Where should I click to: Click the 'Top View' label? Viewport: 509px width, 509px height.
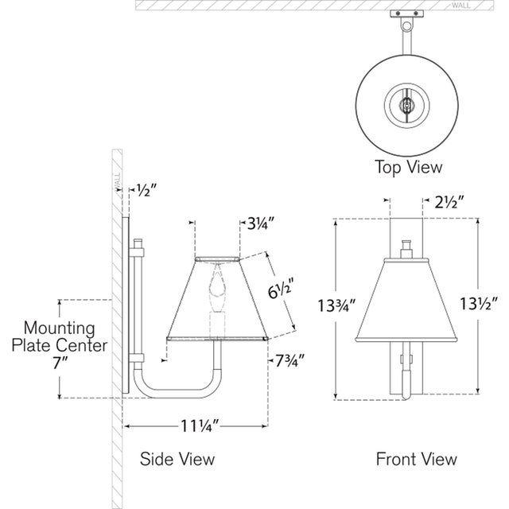pyautogui.click(x=409, y=167)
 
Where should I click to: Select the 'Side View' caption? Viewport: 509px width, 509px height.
pyautogui.click(x=177, y=459)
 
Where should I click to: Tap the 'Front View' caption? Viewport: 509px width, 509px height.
pyautogui.click(x=417, y=459)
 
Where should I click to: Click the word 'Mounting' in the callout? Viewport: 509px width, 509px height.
pyautogui.click(x=60, y=327)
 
